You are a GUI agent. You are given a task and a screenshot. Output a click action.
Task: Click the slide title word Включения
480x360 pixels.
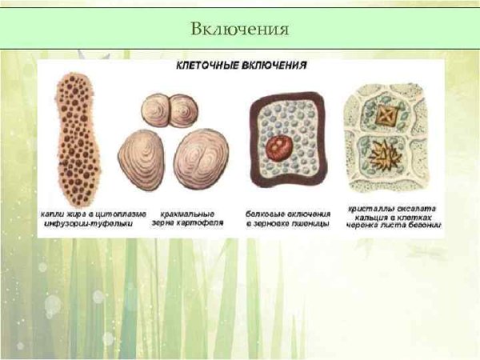[239, 30]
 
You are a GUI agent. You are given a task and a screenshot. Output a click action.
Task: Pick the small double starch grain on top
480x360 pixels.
[168, 110]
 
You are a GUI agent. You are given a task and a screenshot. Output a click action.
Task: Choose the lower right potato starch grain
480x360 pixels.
[201, 158]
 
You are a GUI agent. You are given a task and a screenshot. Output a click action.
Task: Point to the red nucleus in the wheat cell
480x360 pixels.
[281, 146]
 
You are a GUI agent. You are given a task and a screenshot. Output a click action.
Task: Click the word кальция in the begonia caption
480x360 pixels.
[369, 215]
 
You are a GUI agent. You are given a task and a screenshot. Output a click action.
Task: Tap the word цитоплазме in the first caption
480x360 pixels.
[117, 214]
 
